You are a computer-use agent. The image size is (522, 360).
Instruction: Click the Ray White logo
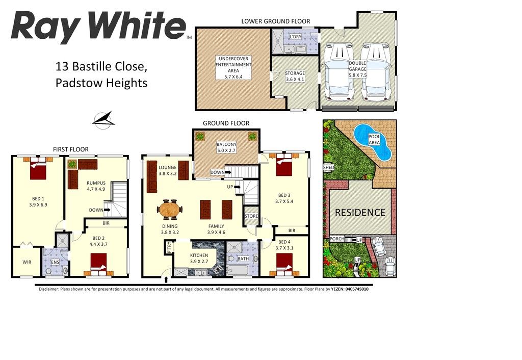(98, 27)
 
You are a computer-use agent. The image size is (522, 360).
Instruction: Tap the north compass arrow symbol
(103, 120)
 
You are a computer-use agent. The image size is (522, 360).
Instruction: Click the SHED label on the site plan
(328, 168)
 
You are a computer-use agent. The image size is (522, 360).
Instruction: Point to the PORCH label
(336, 239)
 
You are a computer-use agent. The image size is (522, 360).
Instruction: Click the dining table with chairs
(170, 210)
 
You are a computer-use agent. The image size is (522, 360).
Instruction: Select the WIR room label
(27, 262)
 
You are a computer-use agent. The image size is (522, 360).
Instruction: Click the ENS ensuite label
(55, 262)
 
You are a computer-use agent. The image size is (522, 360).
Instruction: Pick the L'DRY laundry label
(295, 37)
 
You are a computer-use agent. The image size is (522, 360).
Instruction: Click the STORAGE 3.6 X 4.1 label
(295, 76)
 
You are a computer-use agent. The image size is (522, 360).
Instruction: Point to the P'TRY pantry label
(169, 248)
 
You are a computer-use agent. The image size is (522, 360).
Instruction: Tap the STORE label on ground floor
(251, 216)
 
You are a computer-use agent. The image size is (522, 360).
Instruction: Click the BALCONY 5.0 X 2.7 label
(226, 147)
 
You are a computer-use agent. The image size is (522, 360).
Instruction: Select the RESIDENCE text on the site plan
(360, 213)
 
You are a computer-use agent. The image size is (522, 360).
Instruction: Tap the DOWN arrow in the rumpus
(108, 210)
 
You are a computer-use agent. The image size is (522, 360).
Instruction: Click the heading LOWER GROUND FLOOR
(276, 21)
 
